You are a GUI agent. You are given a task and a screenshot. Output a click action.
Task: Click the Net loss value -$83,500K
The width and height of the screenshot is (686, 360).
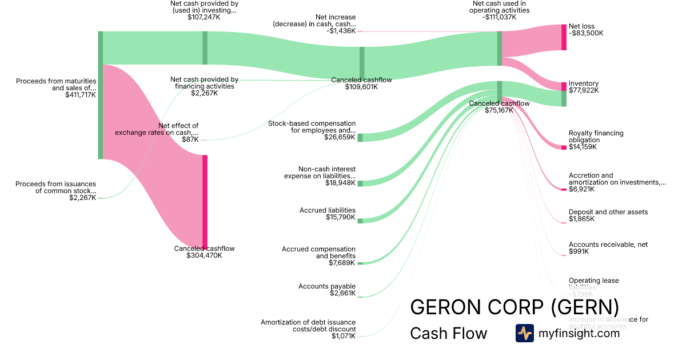click(x=586, y=33)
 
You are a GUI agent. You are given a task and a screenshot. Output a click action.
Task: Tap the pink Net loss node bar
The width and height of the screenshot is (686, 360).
click(x=564, y=37)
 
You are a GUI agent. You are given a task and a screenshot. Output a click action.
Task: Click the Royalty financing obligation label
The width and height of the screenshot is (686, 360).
click(x=596, y=137)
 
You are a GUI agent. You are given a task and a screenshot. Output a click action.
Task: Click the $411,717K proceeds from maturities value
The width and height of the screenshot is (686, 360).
click(x=81, y=95)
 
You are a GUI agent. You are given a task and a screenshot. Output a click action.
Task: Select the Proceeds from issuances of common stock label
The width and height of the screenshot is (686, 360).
click(x=55, y=187)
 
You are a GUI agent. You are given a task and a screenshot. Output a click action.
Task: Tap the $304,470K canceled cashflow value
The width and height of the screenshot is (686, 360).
click(x=204, y=255)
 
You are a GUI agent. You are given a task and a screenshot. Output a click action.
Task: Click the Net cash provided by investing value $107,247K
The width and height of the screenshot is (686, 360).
click(x=204, y=17)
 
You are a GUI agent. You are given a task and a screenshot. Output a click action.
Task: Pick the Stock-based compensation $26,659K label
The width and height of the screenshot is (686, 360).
click(x=312, y=130)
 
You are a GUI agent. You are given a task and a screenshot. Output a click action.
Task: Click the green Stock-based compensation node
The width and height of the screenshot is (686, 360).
click(x=360, y=137)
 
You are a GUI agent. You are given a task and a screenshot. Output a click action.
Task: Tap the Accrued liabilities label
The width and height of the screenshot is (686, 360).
click(x=328, y=210)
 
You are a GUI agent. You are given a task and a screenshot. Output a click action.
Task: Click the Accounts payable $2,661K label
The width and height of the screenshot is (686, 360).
click(x=327, y=290)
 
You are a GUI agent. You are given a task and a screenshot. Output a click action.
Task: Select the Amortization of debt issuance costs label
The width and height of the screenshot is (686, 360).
click(x=308, y=326)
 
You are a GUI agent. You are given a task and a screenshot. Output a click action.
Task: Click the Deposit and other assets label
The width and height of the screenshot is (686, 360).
click(x=608, y=212)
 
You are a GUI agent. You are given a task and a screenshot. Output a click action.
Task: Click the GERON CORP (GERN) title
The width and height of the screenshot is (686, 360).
click(x=514, y=307)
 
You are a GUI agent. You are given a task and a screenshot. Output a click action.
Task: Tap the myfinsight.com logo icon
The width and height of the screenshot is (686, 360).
click(x=524, y=333)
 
